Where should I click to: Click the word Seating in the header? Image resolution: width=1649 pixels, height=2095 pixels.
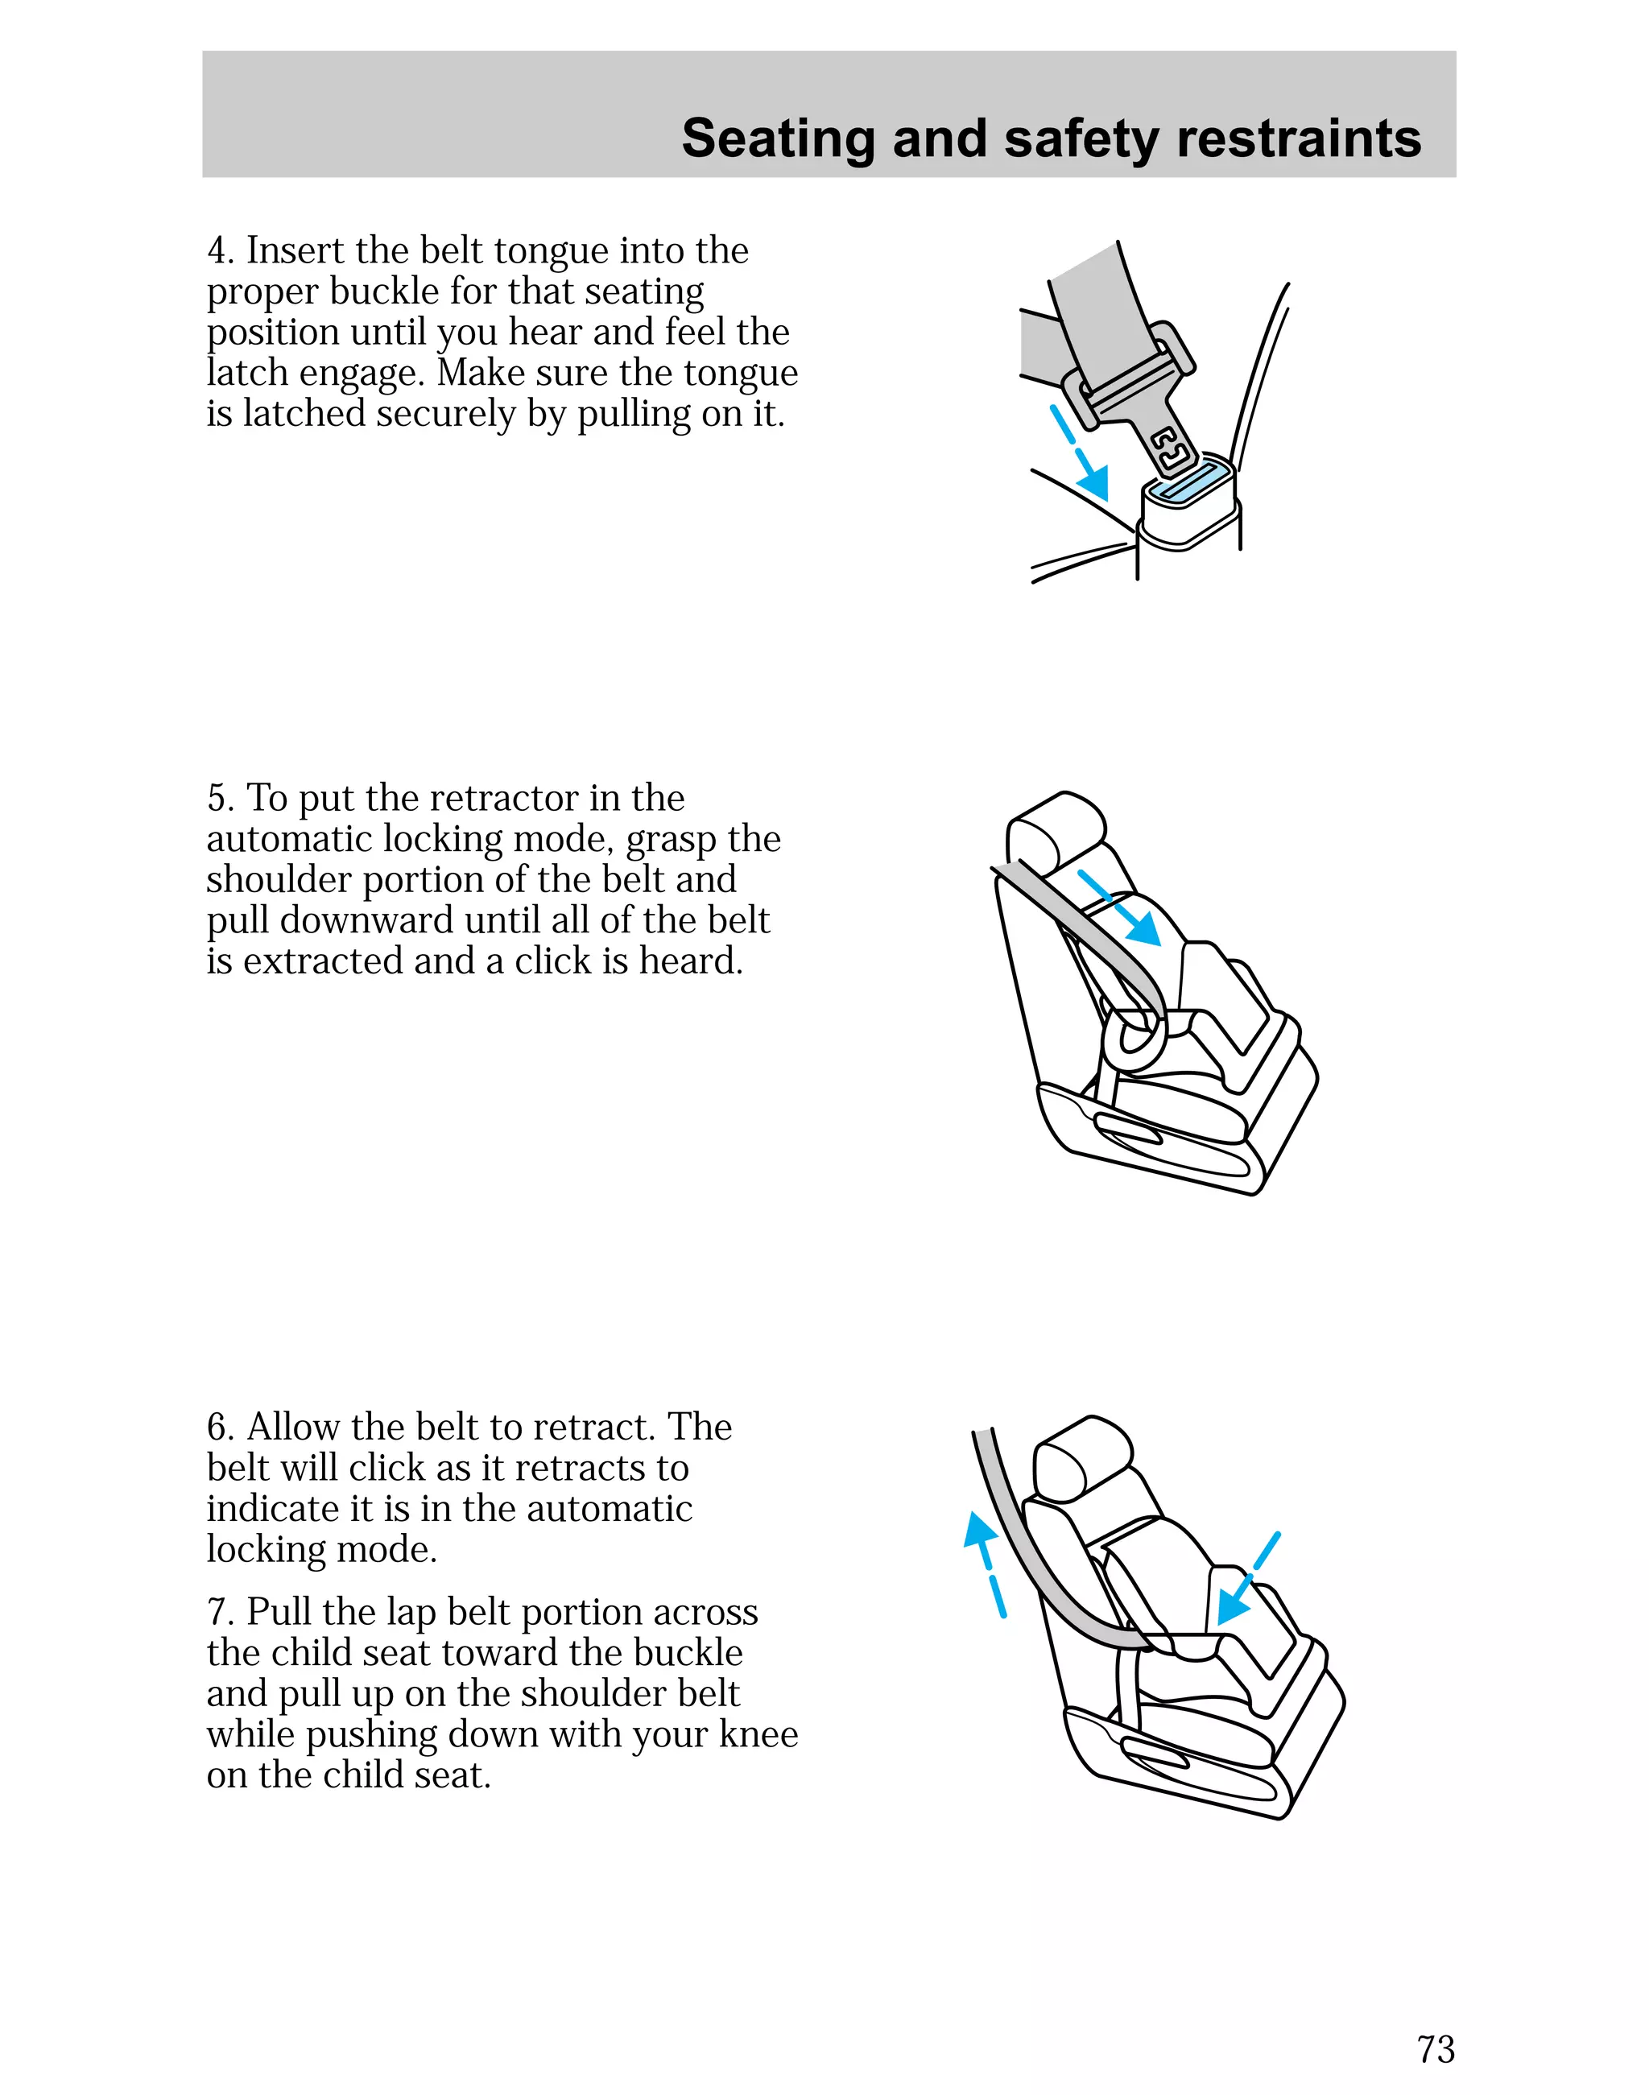777,138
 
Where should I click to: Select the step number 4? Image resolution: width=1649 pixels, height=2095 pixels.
217,251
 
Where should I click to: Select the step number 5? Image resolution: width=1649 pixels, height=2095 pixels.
217,799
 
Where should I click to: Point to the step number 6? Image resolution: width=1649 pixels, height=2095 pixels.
217,1427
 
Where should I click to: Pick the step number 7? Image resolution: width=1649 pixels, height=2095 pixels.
217,1611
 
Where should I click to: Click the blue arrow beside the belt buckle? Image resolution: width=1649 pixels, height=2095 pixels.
1081,452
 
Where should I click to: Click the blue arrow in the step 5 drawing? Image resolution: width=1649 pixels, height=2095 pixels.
1120,907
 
